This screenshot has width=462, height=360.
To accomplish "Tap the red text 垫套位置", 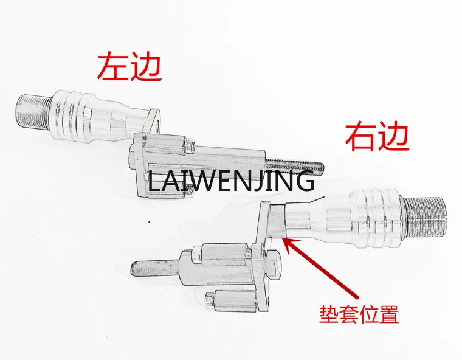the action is [359, 315].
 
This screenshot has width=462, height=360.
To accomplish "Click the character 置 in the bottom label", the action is [388, 315].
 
